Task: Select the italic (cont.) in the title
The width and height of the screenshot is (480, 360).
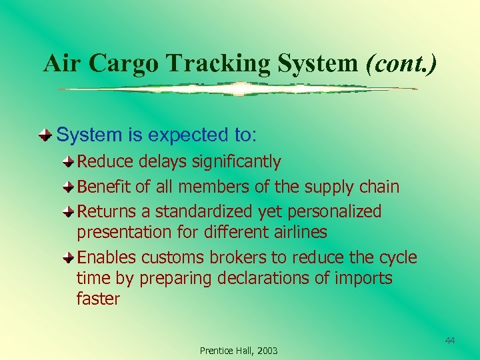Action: [401, 63]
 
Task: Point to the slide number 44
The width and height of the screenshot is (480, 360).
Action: [450, 341]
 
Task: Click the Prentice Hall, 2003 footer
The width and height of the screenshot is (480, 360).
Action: [239, 351]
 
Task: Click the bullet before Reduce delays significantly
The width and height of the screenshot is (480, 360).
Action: [69, 162]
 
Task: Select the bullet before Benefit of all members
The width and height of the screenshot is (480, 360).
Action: [69, 187]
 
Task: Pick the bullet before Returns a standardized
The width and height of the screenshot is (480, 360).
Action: [69, 212]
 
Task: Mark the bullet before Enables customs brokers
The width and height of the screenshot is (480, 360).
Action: [69, 258]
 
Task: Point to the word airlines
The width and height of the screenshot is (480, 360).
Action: [295, 232]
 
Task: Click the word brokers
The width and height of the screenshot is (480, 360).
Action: [235, 258]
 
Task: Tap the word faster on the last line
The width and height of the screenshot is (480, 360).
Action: [98, 299]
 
